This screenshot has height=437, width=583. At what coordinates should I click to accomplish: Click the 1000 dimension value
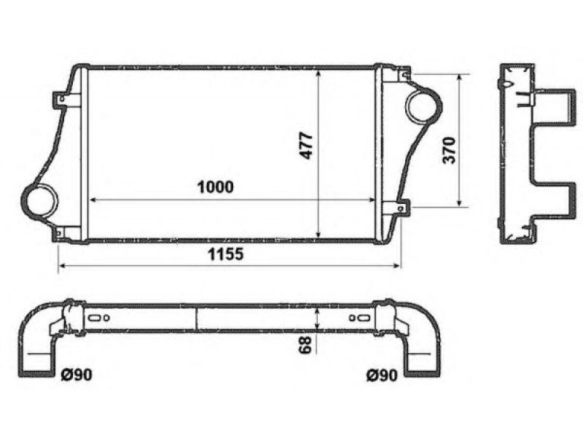(x=215, y=187)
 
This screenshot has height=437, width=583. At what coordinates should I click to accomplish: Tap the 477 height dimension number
(x=307, y=146)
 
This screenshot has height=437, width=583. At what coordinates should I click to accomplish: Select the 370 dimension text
(x=449, y=151)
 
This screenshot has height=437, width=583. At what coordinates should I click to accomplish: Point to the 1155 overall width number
(x=225, y=254)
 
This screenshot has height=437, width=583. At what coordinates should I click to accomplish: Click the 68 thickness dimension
(x=305, y=345)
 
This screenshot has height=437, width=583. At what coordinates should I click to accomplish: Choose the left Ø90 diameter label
(x=77, y=374)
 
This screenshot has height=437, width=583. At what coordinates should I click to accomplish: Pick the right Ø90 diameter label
(x=381, y=375)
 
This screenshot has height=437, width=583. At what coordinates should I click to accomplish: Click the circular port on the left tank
(x=39, y=200)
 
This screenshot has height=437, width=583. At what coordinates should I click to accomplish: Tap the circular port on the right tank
(x=423, y=105)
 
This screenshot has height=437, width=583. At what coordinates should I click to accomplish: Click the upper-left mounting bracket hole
(x=62, y=99)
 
